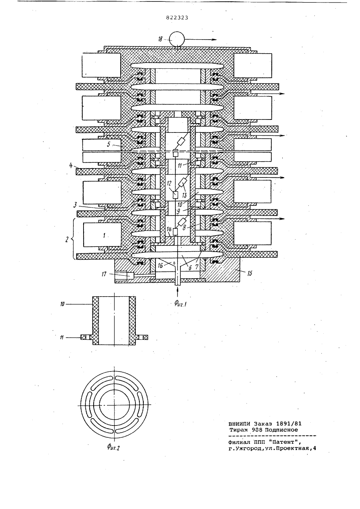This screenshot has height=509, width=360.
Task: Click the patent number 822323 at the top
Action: click(x=177, y=18)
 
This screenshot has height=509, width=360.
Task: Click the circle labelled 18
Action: click(x=177, y=39)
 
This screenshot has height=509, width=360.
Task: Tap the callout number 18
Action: click(x=161, y=39)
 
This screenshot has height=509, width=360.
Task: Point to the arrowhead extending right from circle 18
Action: click(x=213, y=40)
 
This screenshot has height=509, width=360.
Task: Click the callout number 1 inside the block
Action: click(x=104, y=236)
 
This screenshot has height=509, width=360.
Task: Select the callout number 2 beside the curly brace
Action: click(x=67, y=239)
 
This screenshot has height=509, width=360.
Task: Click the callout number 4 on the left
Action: click(x=71, y=166)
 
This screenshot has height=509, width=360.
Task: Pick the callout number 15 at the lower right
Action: click(x=249, y=273)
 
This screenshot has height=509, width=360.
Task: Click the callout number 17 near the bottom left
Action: click(x=104, y=274)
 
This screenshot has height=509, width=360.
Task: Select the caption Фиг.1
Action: click(x=180, y=304)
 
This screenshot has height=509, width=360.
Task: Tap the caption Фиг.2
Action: click(x=113, y=447)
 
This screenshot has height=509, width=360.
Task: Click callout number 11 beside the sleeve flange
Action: click(x=62, y=338)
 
